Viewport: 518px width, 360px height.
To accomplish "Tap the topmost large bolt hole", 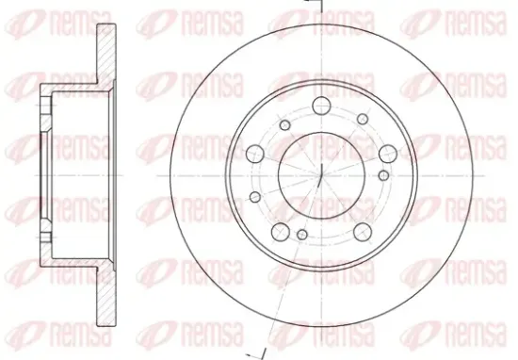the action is click(321, 106).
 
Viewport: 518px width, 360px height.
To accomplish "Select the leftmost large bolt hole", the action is click(255, 154).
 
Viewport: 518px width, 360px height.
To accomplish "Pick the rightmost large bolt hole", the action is click(388, 154).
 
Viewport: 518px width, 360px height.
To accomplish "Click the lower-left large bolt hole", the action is click(280, 232).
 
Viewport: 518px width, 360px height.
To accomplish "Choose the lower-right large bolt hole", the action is click(363, 232).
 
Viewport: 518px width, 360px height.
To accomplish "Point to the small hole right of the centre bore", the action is click(383, 175).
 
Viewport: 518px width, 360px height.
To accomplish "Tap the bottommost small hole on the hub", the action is click(302, 235).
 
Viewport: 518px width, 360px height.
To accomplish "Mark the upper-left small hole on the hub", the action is click(284, 125).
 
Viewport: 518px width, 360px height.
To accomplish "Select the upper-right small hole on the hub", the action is click(363, 119).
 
